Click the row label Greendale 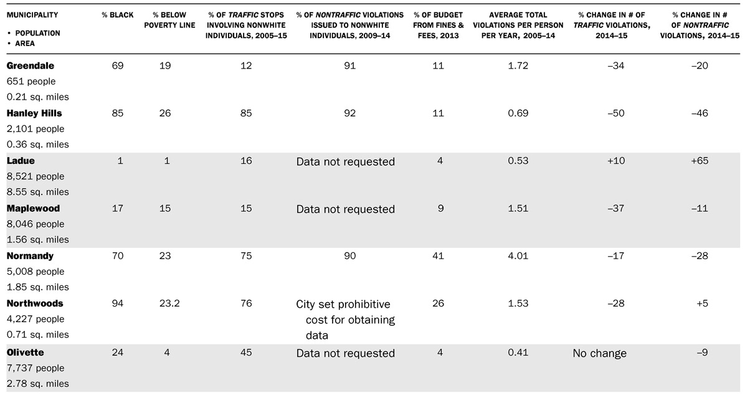[30, 65]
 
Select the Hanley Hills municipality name [34, 113]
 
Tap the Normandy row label [30, 256]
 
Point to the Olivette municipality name [26, 353]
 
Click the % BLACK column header [117, 15]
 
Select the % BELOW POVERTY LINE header [169, 20]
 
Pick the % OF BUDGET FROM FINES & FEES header [440, 25]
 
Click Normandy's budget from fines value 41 [440, 256]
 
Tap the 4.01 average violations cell [518, 256]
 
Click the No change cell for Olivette [599, 353]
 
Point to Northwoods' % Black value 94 [117, 303]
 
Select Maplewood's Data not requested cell [345, 209]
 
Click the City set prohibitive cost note [345, 320]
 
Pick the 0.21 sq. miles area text [37, 97]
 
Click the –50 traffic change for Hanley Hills [599, 113]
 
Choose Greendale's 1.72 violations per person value [518, 65]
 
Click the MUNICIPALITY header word [32, 15]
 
